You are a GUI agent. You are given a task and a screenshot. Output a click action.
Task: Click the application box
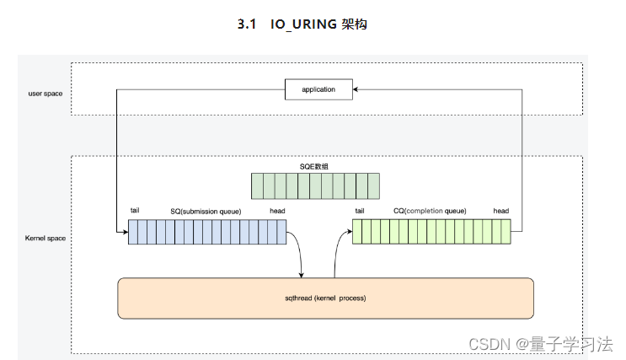[318, 89]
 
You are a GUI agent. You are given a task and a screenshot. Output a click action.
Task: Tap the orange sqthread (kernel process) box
[325, 298]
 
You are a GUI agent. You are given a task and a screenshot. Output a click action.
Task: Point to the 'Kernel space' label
[45, 239]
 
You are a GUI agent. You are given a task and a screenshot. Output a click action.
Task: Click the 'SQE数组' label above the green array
[315, 166]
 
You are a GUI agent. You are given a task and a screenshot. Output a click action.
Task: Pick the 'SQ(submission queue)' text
[206, 211]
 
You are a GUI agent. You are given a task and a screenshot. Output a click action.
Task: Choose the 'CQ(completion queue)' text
[431, 211]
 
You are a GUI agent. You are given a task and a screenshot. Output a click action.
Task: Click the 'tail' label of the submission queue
[135, 211]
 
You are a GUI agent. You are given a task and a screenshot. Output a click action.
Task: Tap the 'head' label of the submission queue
[277, 211]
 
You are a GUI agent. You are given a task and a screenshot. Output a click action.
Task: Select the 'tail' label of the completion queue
[360, 211]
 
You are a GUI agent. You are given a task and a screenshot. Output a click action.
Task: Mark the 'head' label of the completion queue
[501, 211]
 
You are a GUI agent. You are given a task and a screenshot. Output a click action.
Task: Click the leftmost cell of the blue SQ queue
[133, 232]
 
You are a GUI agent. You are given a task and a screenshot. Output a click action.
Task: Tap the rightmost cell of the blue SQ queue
[281, 232]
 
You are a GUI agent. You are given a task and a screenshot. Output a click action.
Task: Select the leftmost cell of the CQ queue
[357, 232]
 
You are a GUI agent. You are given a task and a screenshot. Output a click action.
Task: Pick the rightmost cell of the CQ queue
[506, 232]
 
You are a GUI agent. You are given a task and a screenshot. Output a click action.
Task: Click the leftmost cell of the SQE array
[256, 185]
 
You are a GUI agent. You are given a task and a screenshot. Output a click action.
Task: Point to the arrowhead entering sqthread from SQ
[302, 273]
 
